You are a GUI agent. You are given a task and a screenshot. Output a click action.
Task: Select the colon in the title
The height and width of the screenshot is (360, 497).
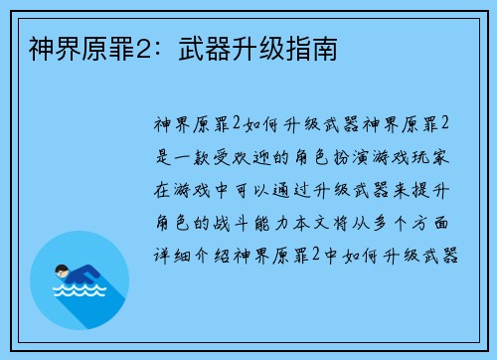coord(150,46)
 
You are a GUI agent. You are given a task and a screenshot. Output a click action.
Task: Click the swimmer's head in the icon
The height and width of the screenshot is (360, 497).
coord(62,270)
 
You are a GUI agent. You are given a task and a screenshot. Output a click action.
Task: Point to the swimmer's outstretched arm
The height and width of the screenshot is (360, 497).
coord(95,272)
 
